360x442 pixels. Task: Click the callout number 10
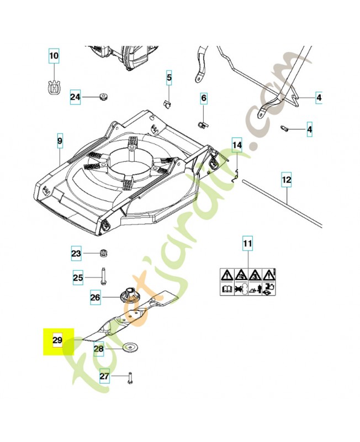coord(54,56)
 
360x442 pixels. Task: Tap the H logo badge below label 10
coord(54,87)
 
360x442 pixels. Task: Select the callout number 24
coord(76,98)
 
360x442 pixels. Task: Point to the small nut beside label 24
coord(103,97)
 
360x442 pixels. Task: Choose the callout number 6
coord(204,98)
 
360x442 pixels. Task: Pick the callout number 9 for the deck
coord(60,141)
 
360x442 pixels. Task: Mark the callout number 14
coord(237,146)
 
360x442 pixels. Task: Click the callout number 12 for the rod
coord(287,180)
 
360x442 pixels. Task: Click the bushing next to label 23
coord(102,254)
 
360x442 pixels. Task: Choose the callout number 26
coord(96,297)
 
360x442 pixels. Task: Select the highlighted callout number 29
coord(57,340)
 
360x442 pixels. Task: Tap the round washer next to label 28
coord(130,348)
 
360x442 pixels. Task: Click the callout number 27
coord(105,376)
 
